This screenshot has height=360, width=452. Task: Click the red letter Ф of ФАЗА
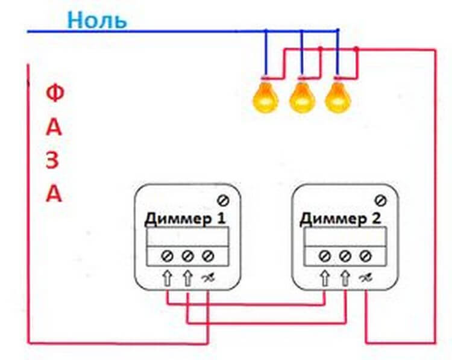[55, 95]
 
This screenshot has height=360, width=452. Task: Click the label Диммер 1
[184, 218]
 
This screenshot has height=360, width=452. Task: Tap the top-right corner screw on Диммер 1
[222, 200]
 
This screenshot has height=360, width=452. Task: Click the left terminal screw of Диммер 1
[168, 256]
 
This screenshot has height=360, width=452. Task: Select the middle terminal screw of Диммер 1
[187, 256]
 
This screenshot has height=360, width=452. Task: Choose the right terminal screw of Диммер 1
[208, 256]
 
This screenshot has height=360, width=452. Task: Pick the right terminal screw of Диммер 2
[365, 256]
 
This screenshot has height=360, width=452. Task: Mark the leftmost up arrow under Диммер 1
[168, 278]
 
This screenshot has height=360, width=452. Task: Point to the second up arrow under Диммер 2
[345, 278]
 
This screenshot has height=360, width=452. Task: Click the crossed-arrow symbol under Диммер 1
[208, 278]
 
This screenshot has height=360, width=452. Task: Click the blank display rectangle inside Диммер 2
[344, 236]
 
